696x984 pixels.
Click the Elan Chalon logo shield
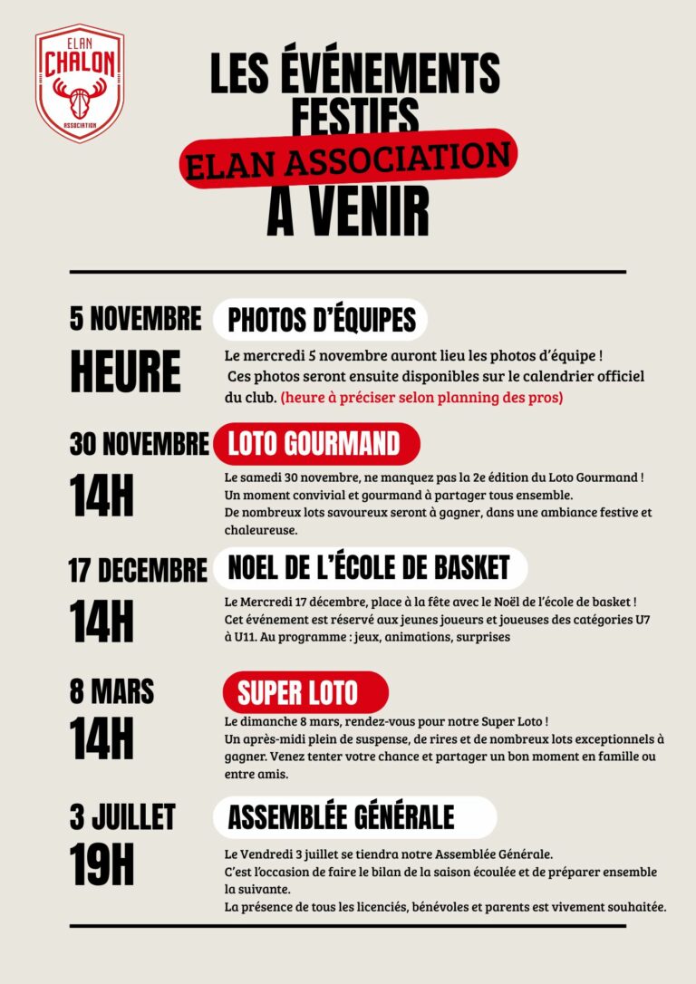coord(80,83)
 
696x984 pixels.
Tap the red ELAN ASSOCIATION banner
coord(348,159)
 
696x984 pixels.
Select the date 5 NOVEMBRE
coord(136,319)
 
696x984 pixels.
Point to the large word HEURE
coord(125,371)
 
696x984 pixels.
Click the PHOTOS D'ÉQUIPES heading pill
coord(321,319)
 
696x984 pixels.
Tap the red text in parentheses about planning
coord(421,397)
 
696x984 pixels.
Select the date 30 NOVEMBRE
coord(139,444)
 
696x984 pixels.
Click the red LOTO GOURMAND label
coord(315,443)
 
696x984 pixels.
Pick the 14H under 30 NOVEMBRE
coord(101,495)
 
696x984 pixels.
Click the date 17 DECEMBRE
coord(138,571)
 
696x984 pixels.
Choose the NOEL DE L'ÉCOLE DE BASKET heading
coord(369,568)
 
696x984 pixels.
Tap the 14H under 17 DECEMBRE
coord(101,621)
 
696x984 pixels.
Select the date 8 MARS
coord(111,691)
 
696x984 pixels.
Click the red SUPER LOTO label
coord(298,693)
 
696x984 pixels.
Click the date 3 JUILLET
coord(122,817)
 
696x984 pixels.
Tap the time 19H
coord(101,866)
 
